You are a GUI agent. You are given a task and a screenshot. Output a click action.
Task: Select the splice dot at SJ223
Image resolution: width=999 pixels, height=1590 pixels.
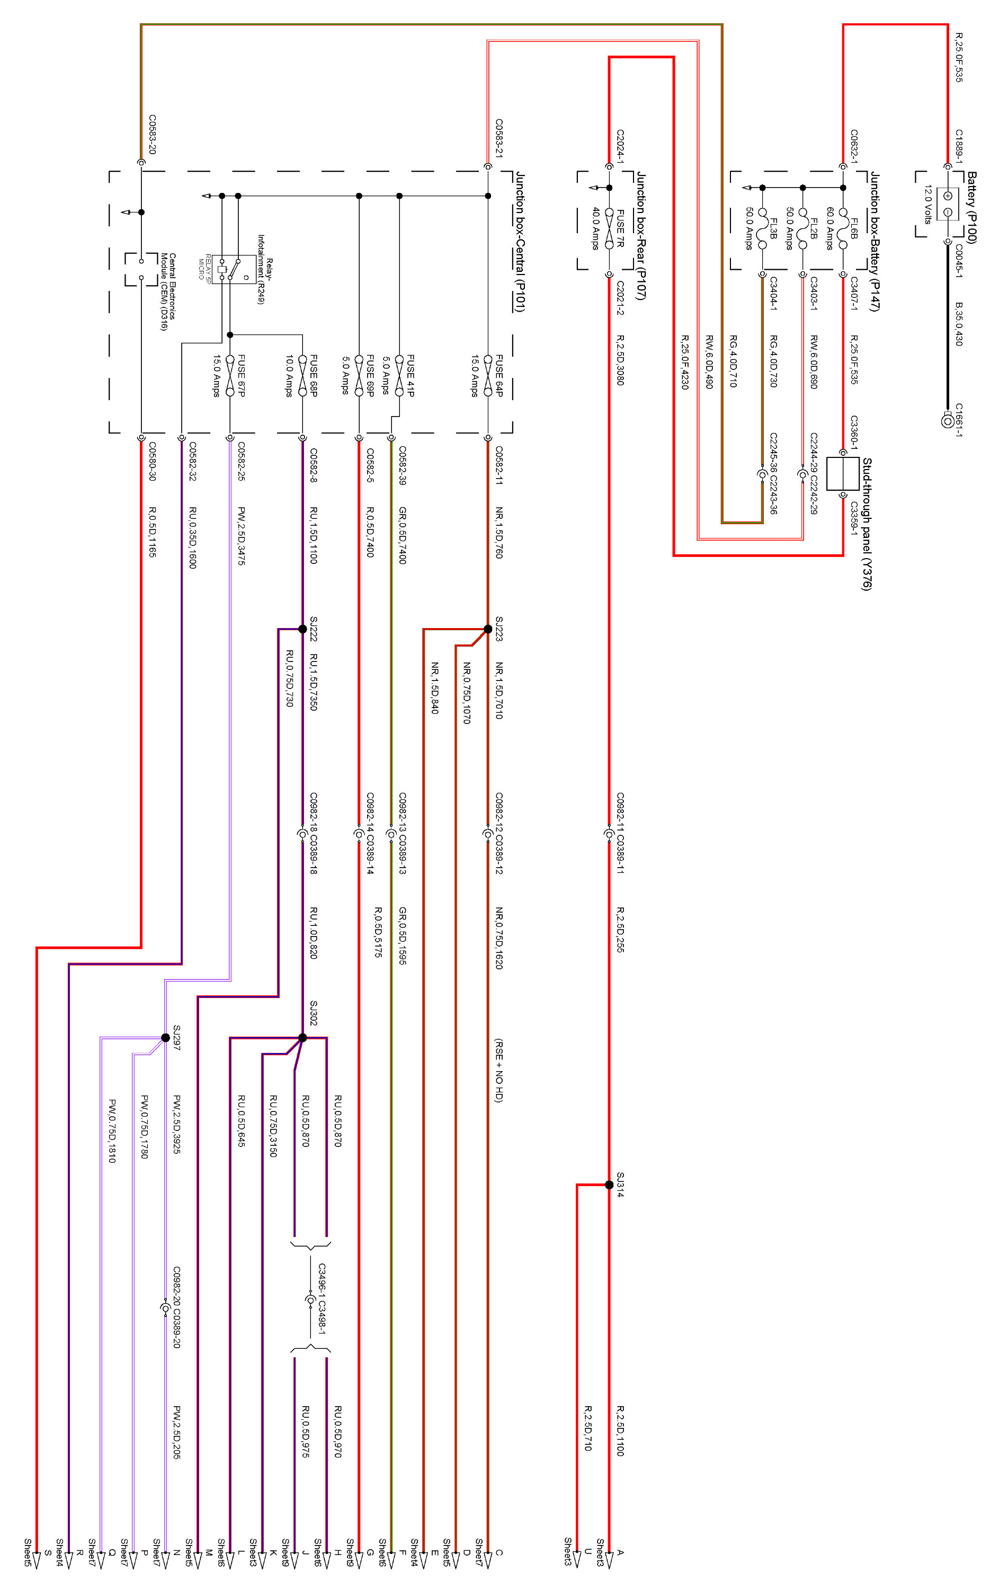click(x=488, y=629)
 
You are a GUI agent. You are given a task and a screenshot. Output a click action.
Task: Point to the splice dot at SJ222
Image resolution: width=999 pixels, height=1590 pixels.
click(x=303, y=629)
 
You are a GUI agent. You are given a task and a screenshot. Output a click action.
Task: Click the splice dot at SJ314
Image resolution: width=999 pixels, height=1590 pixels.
click(x=609, y=1185)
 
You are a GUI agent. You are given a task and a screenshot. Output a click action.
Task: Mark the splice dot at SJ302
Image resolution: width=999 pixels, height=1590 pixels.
click(x=303, y=1037)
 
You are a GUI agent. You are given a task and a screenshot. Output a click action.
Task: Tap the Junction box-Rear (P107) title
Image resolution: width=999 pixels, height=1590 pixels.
click(x=640, y=235)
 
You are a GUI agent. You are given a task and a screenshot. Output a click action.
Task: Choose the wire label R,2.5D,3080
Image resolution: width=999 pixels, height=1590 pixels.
click(x=620, y=359)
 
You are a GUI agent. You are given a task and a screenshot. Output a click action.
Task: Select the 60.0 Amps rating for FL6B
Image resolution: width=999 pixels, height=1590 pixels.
click(x=829, y=228)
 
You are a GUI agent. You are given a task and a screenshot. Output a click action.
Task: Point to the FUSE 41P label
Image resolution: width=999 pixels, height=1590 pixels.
click(x=411, y=375)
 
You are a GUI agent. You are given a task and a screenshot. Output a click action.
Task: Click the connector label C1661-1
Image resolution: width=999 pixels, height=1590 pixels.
click(x=959, y=420)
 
